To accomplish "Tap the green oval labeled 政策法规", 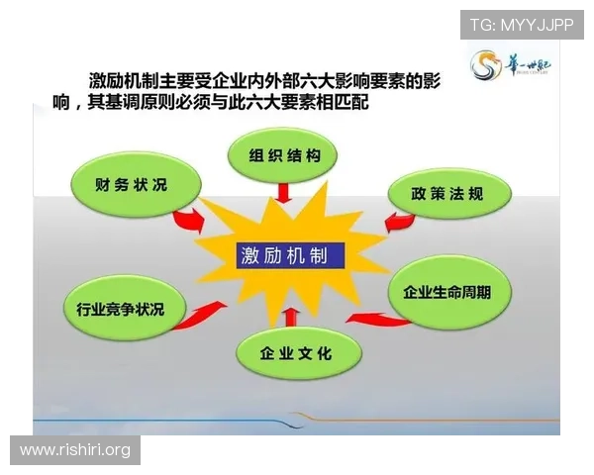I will coord(448,193).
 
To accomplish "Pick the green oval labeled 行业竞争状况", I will coord(120,310).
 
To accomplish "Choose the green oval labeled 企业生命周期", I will coord(455,294).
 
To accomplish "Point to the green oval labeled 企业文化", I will coord(296,352).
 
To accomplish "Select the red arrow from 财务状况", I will coord(187,220).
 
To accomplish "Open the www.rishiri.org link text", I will coord(75,450).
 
